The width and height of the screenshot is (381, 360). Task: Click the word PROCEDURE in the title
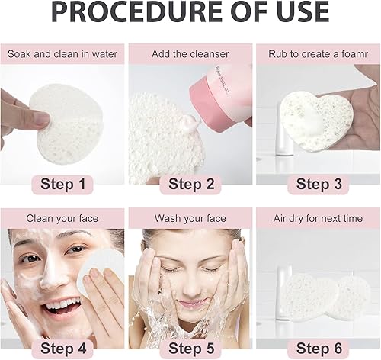tap(135, 13)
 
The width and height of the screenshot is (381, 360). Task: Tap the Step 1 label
tap(63, 184)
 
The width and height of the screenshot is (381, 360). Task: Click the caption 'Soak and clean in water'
tap(62, 54)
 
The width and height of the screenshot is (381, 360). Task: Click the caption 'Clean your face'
tap(62, 218)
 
